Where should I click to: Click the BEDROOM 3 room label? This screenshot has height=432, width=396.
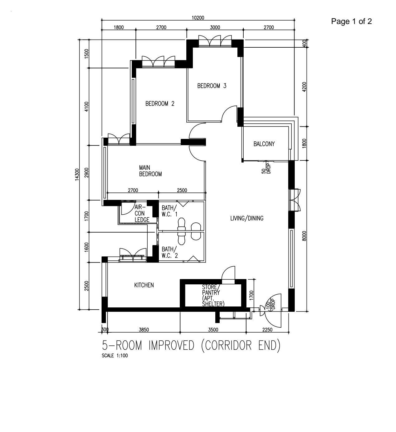click(x=212, y=86)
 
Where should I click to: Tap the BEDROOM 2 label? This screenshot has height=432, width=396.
click(x=160, y=104)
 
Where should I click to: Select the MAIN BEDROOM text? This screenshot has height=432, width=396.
click(x=150, y=171)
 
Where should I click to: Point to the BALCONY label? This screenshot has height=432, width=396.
click(x=264, y=144)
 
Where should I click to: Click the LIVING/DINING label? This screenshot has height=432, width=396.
click(x=247, y=218)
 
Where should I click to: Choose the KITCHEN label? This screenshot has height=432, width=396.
click(x=144, y=285)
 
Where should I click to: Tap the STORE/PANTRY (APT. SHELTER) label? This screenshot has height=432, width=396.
click(x=213, y=296)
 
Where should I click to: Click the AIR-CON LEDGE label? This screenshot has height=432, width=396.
click(x=142, y=213)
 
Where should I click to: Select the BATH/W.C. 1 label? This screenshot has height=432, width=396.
click(x=169, y=211)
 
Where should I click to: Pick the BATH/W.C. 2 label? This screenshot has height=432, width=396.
click(x=170, y=252)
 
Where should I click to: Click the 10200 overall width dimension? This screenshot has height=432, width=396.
click(x=198, y=18)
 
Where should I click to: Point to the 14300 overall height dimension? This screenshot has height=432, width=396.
click(x=77, y=175)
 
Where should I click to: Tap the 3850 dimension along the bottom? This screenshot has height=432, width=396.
click(x=144, y=330)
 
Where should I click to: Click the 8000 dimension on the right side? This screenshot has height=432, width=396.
click(x=304, y=236)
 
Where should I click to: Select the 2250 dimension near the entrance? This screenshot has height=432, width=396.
click(x=267, y=330)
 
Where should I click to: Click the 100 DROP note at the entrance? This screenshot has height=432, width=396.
click(x=271, y=304)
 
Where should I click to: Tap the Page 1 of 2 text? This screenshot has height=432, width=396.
click(x=351, y=21)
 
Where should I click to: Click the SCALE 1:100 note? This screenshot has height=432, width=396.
click(x=115, y=356)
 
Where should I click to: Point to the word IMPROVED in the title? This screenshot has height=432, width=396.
click(x=171, y=346)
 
